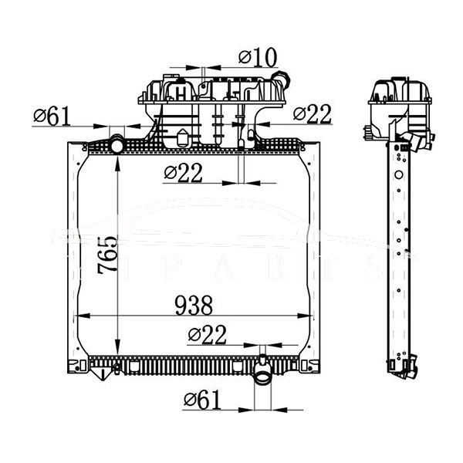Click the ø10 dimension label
click(x=257, y=57)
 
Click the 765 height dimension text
click(x=107, y=255)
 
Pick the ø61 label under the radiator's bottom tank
click(x=202, y=399)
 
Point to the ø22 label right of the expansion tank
click(x=313, y=113)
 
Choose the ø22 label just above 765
click(x=183, y=174)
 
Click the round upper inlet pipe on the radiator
click(x=117, y=144)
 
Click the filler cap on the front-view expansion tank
click(x=282, y=79)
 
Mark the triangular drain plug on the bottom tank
click(x=100, y=374)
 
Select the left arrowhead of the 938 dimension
click(x=85, y=316)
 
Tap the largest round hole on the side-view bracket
click(x=398, y=174)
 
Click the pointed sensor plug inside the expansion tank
click(x=182, y=140)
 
